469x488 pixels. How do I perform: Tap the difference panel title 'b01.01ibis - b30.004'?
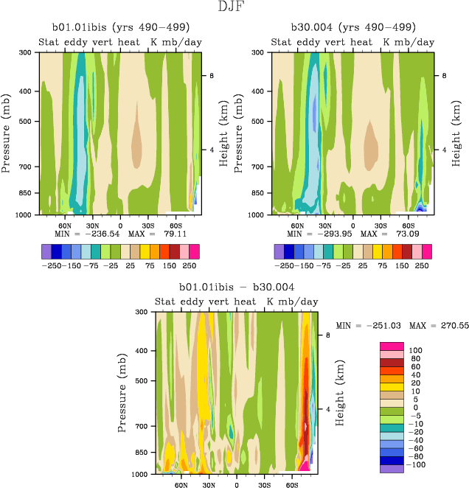tap(237, 287)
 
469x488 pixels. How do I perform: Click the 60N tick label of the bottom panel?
tap(181, 485)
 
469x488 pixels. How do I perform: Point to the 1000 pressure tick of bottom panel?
tap(141, 473)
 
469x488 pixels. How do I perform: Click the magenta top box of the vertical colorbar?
tap(391, 346)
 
